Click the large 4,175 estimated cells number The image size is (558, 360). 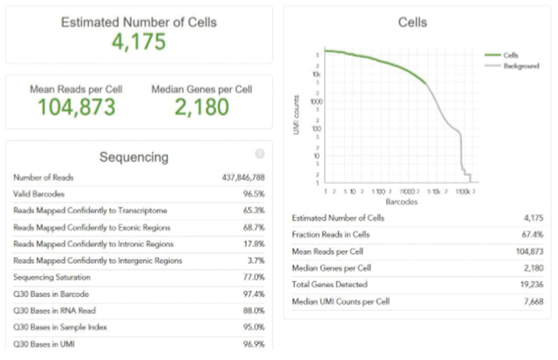click(x=138, y=42)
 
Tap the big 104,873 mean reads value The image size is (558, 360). click(x=76, y=107)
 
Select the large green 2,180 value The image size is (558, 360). click(x=202, y=107)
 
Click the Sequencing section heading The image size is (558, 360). click(x=134, y=157)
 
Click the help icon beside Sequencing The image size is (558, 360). click(x=260, y=154)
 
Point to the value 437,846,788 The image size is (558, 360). click(x=243, y=178)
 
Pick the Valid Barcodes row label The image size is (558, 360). click(x=39, y=194)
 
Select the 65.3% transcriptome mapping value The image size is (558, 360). click(x=253, y=210)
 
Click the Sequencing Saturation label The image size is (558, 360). click(x=52, y=277)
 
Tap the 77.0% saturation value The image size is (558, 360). click(x=253, y=277)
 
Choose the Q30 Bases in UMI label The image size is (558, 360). click(x=44, y=344)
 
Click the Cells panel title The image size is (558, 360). click(x=412, y=22)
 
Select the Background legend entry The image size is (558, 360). click(x=521, y=66)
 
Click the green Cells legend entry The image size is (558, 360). click(x=510, y=55)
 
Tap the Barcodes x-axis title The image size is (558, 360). click(x=401, y=202)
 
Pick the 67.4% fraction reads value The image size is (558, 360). click(x=532, y=235)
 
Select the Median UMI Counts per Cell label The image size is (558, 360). click(x=340, y=301)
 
